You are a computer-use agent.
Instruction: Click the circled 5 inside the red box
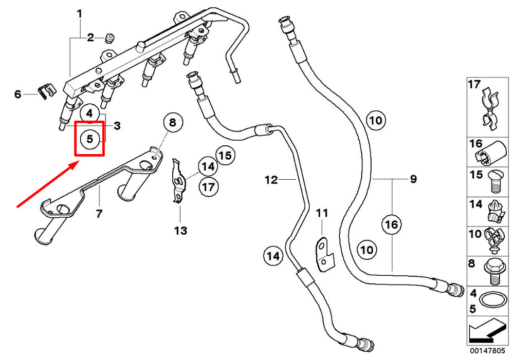tap(90, 139)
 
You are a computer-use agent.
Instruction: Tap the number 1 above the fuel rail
tap(79, 14)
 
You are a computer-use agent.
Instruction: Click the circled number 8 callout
tap(173, 123)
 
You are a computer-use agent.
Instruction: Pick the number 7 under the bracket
tap(99, 214)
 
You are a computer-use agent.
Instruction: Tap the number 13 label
tap(180, 231)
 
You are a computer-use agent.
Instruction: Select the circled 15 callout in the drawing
tap(225, 155)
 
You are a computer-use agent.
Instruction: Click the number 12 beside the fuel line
tap(271, 180)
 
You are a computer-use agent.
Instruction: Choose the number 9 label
tap(413, 179)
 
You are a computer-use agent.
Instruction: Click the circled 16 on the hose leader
tap(392, 225)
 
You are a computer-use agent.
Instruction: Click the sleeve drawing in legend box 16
tap(491, 153)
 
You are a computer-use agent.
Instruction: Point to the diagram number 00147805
tap(488, 351)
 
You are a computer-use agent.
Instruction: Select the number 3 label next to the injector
tap(117, 126)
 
